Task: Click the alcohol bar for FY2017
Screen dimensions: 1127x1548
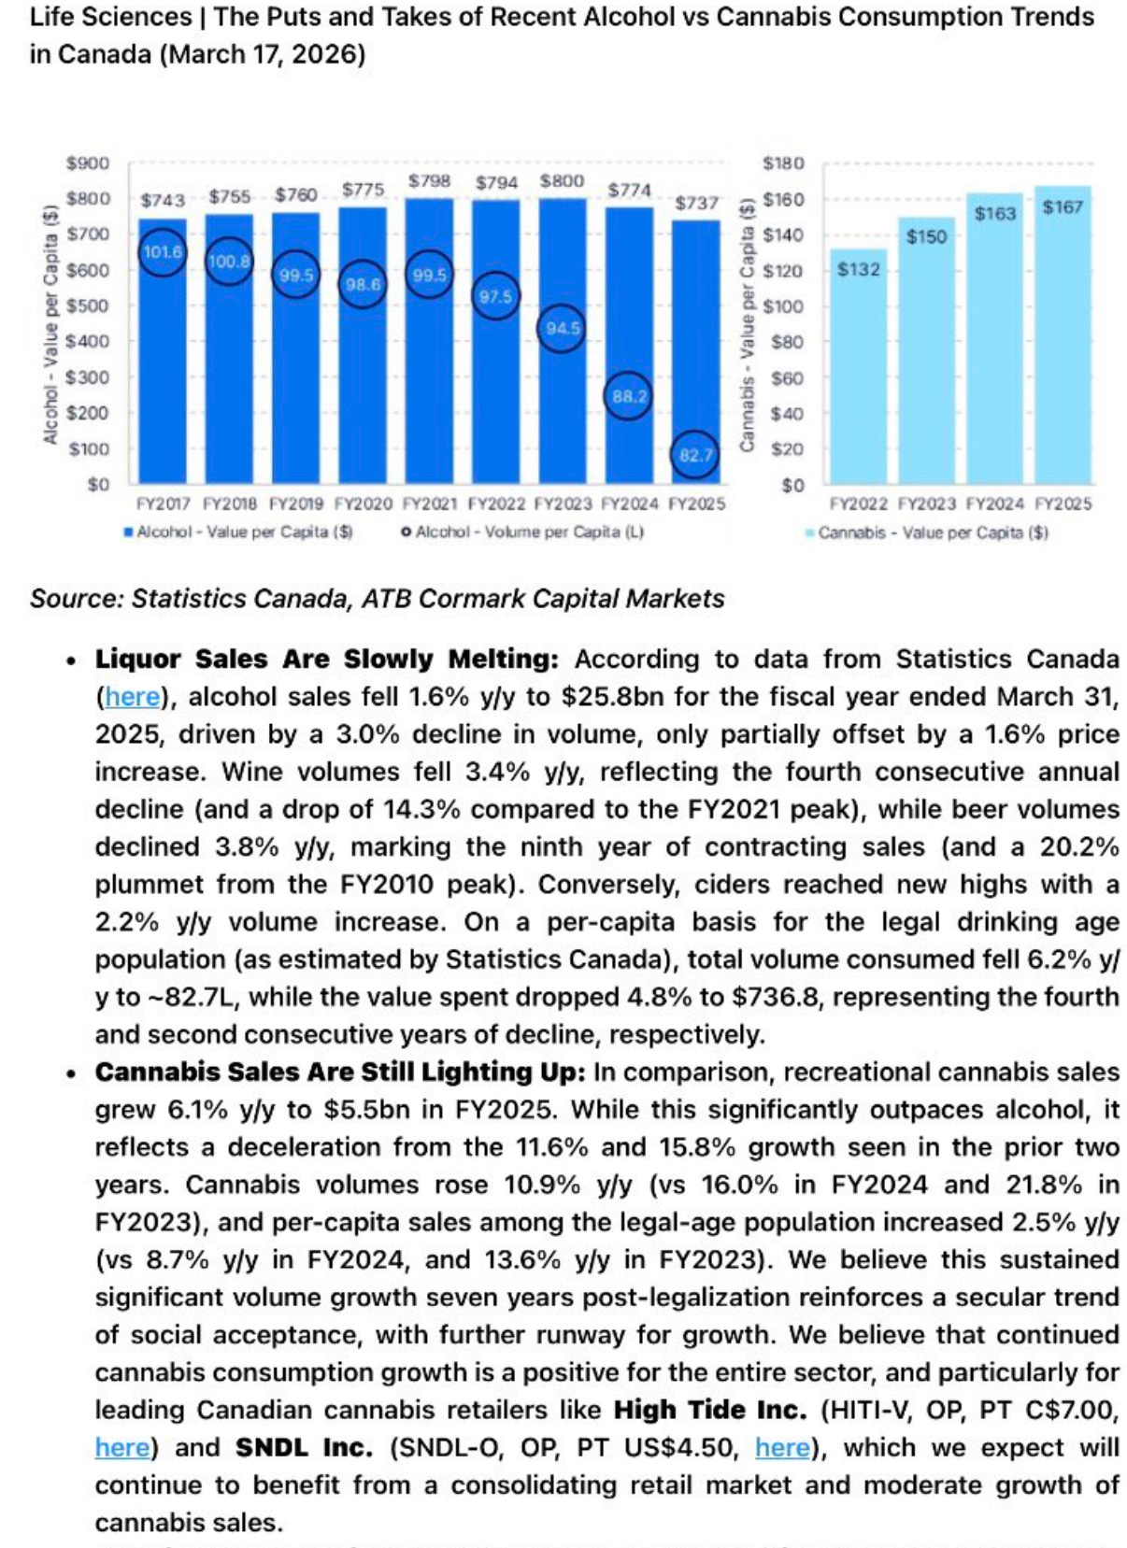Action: point(163,350)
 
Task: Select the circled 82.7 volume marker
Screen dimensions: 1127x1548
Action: point(695,455)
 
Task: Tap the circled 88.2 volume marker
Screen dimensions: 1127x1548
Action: point(629,396)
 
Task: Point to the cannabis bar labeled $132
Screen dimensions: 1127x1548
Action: point(858,366)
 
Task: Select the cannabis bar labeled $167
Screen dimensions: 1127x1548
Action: point(1063,334)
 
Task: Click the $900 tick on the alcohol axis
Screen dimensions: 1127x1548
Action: point(88,163)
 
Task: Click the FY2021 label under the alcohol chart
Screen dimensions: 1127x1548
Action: point(428,504)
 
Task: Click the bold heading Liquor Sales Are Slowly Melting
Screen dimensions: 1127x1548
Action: point(326,659)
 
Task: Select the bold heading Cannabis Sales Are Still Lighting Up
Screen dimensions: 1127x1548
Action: point(340,1072)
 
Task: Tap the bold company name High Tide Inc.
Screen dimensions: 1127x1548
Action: point(710,1409)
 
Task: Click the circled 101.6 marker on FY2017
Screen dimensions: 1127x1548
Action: point(163,253)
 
